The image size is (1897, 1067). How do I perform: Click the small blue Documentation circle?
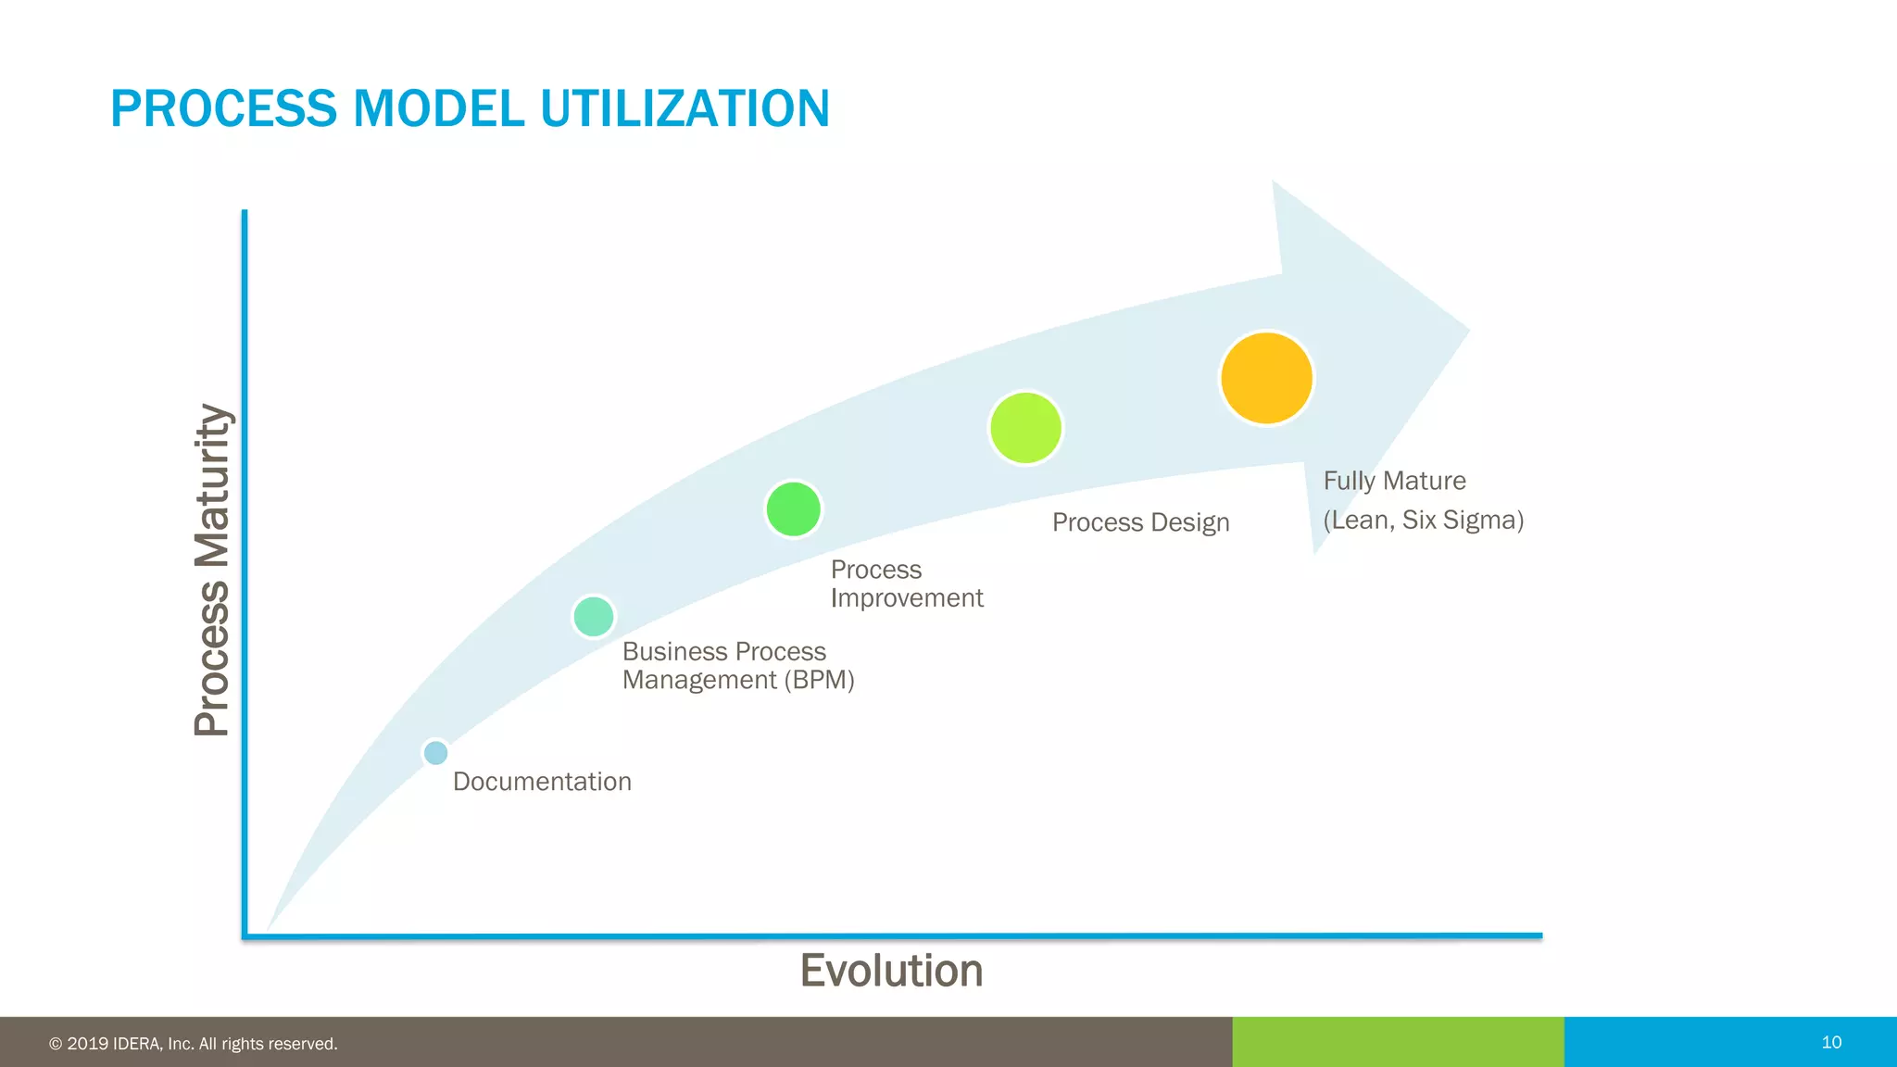(x=435, y=752)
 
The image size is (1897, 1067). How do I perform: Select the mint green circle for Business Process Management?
(x=594, y=616)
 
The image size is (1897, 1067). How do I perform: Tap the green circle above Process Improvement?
(x=794, y=508)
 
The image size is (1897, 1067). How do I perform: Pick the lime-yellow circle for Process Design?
(x=1025, y=428)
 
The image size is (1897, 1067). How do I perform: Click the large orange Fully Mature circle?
(x=1266, y=378)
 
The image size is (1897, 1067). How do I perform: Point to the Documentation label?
(x=542, y=782)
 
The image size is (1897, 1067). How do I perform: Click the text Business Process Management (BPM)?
(x=737, y=666)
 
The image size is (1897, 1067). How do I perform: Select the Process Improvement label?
(x=906, y=584)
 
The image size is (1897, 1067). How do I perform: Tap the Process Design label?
(x=1140, y=522)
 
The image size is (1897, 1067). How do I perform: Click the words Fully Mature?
(x=1394, y=481)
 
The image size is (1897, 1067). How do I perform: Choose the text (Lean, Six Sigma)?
(x=1423, y=520)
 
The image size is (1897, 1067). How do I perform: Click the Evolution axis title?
(x=891, y=971)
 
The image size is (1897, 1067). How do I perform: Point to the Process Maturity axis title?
(x=212, y=571)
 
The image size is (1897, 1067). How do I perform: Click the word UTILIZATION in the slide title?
(x=685, y=108)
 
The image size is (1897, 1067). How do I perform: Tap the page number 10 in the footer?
(x=1831, y=1042)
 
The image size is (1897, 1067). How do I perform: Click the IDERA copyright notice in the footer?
(x=194, y=1044)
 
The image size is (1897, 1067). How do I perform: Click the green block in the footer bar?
(x=1398, y=1042)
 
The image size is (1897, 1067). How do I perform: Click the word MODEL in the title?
(x=438, y=108)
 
